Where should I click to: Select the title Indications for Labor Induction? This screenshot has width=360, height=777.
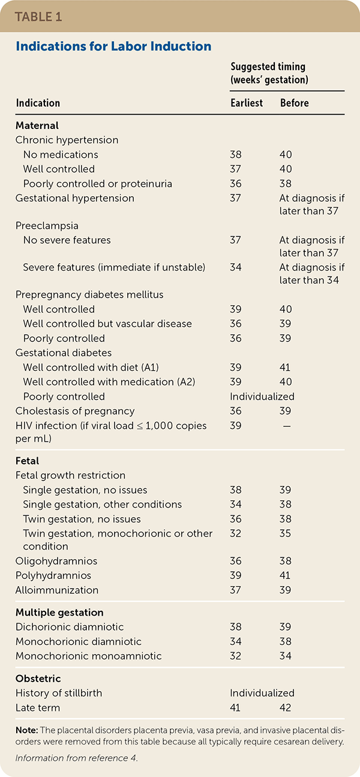click(113, 46)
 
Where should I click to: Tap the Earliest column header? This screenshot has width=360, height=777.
click(247, 103)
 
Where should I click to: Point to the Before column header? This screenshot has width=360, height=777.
click(295, 103)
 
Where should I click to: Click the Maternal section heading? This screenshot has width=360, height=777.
click(37, 126)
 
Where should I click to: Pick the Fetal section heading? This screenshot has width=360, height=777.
click(28, 461)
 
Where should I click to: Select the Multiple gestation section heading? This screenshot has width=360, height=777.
click(59, 613)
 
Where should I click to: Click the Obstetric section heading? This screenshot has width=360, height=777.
click(38, 679)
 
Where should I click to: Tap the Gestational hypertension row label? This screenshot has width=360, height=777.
click(75, 198)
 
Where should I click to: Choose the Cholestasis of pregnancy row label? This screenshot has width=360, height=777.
click(75, 411)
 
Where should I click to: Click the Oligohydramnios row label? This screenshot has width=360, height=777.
click(56, 561)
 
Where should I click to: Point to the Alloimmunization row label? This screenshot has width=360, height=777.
click(57, 590)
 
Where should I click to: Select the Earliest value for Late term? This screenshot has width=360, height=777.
click(236, 708)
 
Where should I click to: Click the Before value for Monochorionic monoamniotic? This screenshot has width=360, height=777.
click(286, 656)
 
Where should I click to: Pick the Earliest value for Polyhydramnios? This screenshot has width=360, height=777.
click(236, 575)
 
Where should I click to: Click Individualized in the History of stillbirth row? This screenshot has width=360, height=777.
click(262, 693)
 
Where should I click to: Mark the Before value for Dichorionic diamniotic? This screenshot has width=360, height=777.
click(286, 627)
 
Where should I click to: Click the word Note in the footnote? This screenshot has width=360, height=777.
click(26, 731)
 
